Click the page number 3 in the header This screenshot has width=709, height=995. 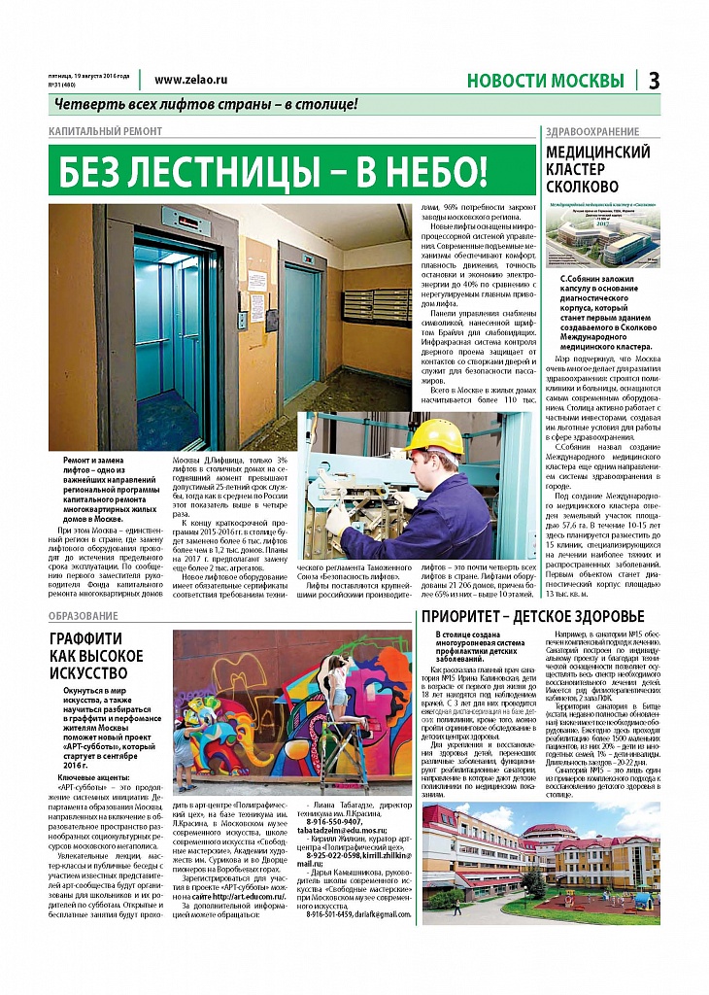coord(655,81)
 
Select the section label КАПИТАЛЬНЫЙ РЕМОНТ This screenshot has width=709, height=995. coord(106,131)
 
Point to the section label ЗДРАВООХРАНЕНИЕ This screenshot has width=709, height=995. coord(592,131)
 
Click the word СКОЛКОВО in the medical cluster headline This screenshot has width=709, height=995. coord(583,186)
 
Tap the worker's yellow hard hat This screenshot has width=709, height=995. coord(434,435)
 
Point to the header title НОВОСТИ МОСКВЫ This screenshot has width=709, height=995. coord(545,81)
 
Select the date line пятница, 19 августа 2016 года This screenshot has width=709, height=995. coord(88,75)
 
